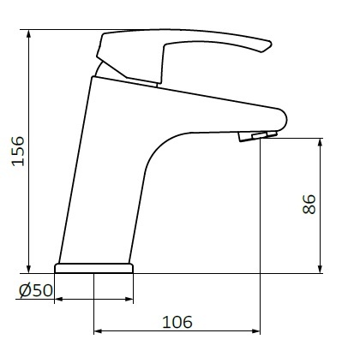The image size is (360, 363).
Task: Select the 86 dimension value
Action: pos(310,203)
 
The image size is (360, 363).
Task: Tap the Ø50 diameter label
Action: pos(36,290)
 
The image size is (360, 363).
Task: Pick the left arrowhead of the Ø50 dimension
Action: pos(61,299)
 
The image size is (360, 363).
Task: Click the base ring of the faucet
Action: pos(95,268)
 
